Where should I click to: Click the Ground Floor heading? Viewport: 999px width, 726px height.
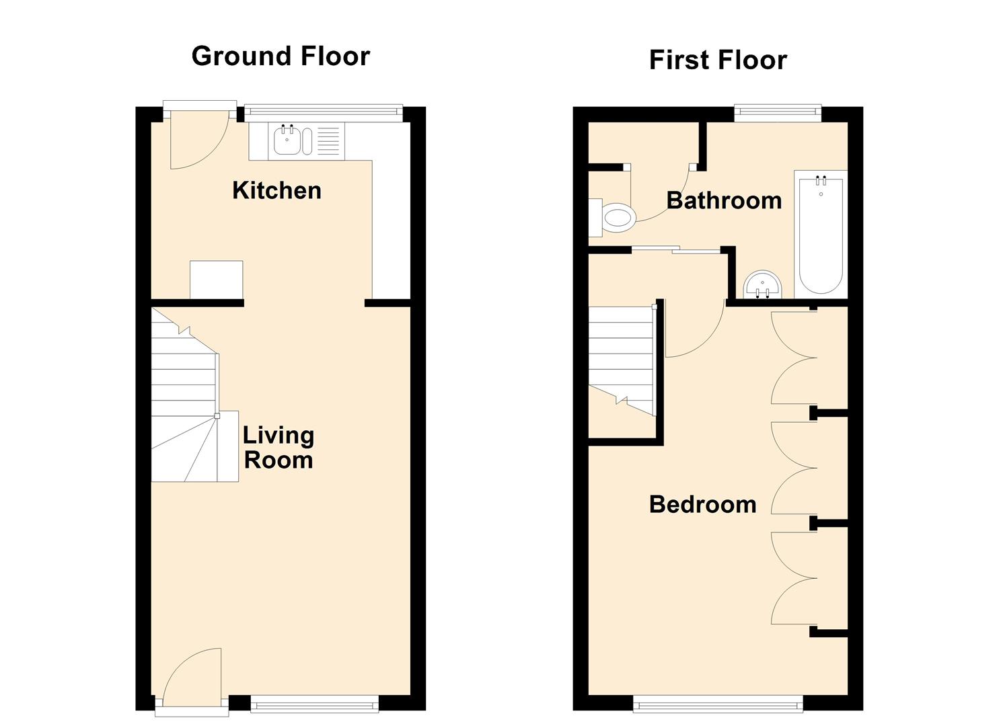pyautogui.click(x=281, y=56)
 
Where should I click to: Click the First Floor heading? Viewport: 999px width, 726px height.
pyautogui.click(x=718, y=61)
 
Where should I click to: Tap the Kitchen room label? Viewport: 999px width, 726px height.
pyautogui.click(x=276, y=191)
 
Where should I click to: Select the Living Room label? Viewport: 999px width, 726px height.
pyautogui.click(x=279, y=448)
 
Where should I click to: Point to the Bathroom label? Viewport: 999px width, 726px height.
pyautogui.click(x=724, y=200)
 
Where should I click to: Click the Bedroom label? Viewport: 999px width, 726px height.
pyautogui.click(x=702, y=504)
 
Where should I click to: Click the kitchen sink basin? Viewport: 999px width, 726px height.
pyautogui.click(x=287, y=141)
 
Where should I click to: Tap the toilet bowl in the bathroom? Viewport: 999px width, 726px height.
pyautogui.click(x=618, y=218)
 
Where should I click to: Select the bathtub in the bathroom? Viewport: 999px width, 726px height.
pyautogui.click(x=821, y=235)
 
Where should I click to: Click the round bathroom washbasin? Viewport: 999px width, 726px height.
pyautogui.click(x=763, y=284)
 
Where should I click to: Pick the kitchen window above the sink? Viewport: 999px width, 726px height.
pyautogui.click(x=324, y=113)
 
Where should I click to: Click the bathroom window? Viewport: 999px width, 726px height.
pyautogui.click(x=778, y=113)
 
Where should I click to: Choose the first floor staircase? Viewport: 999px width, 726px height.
pyautogui.click(x=622, y=361)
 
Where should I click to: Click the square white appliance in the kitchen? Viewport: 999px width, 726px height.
pyautogui.click(x=217, y=280)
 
